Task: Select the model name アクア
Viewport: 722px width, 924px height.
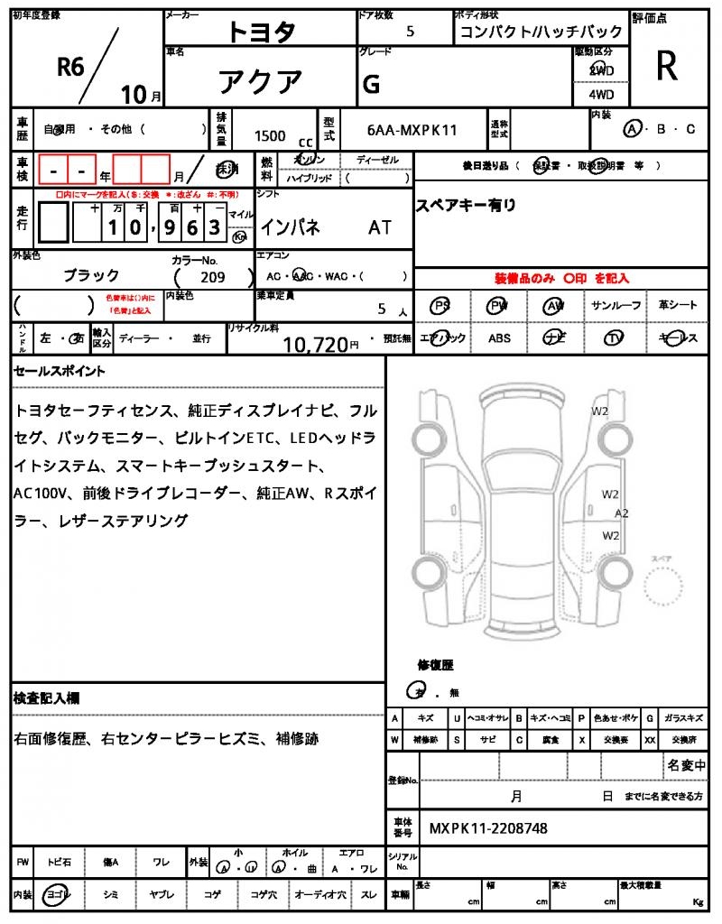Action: click(261, 82)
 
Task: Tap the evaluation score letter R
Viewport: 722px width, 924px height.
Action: click(667, 67)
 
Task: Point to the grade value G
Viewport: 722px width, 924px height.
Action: click(370, 84)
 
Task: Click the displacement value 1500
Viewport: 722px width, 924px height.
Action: click(270, 135)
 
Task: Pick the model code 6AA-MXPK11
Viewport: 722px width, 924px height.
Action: click(412, 130)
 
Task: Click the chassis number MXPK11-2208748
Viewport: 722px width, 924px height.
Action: click(487, 827)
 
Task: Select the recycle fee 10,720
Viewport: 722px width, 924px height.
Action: click(316, 344)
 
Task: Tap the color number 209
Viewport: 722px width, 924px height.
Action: click(214, 277)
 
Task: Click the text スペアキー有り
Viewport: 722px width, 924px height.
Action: click(466, 206)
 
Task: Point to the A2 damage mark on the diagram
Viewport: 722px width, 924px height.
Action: click(621, 513)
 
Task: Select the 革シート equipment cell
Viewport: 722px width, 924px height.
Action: click(678, 306)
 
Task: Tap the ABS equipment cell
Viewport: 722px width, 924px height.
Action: click(499, 337)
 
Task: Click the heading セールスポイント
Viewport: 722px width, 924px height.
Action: click(60, 371)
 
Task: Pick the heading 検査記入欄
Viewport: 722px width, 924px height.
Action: click(47, 698)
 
